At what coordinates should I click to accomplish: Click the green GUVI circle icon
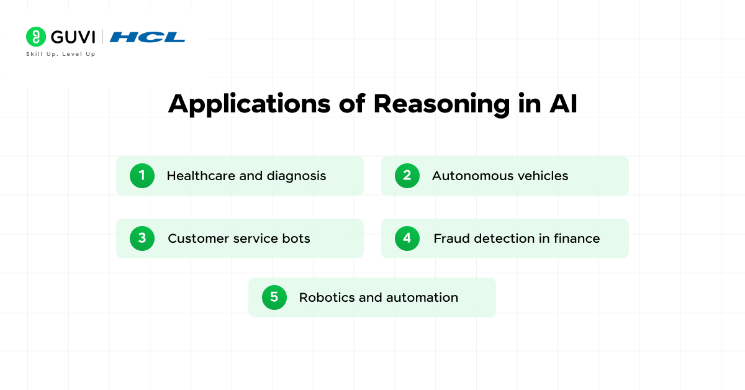pos(36,37)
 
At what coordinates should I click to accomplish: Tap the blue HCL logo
pos(148,37)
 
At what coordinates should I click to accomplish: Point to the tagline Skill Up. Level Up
pos(60,54)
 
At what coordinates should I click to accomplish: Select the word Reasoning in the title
pos(441,104)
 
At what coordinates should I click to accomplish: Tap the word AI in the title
pos(562,104)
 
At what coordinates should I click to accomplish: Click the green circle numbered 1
pos(142,176)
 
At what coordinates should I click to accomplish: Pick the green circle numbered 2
pos(407,176)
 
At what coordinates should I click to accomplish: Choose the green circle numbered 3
pos(142,238)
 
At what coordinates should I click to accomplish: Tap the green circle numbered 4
pos(407,238)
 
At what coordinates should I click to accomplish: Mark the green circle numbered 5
pos(274,297)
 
